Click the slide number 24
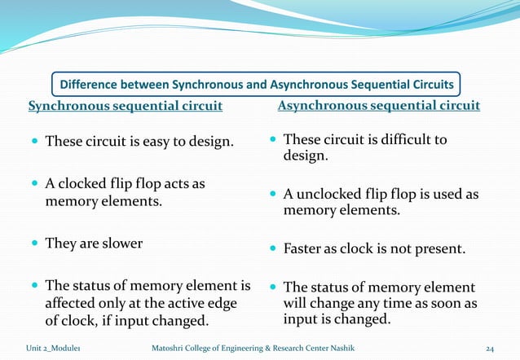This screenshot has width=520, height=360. pyautogui.click(x=491, y=349)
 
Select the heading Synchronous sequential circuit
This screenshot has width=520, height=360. pyautogui.click(x=126, y=106)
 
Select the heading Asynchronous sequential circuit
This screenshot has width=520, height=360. pyautogui.click(x=379, y=106)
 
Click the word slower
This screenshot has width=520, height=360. pyautogui.click(x=121, y=243)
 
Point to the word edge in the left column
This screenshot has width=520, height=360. pyautogui.click(x=220, y=303)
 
